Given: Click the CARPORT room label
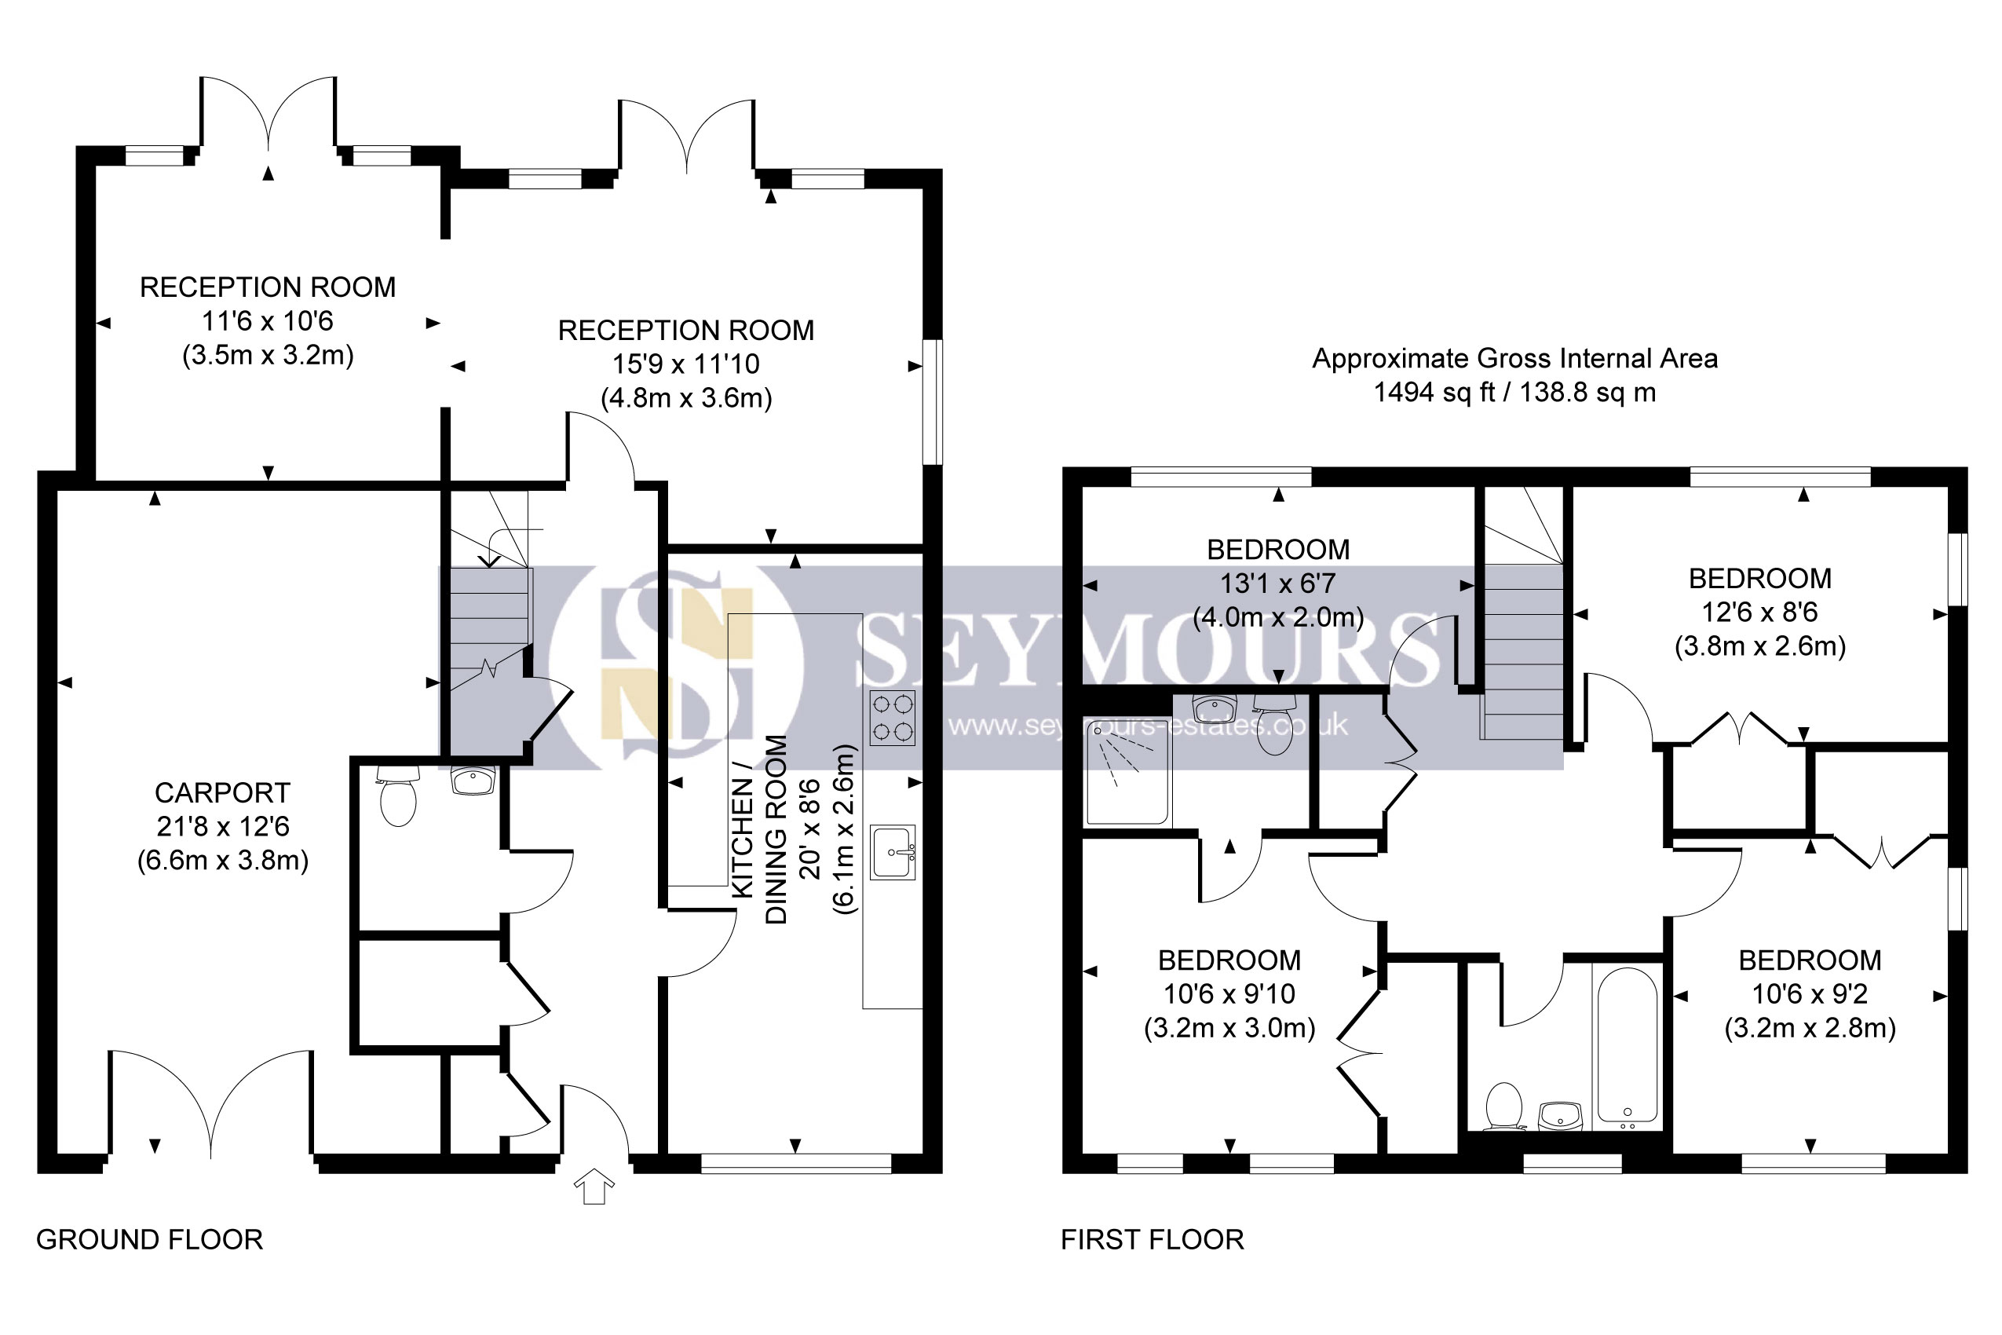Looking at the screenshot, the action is click(x=222, y=792).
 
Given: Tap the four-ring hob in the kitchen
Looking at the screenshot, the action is click(x=892, y=718).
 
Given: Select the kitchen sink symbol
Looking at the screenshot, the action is click(x=893, y=851).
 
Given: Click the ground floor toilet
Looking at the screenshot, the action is click(x=397, y=796).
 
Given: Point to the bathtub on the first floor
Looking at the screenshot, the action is click(x=1628, y=1044).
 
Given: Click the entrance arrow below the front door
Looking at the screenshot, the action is click(x=594, y=1186).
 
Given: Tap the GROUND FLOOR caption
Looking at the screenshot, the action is click(x=150, y=1240).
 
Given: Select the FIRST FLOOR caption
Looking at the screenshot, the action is click(x=1153, y=1240).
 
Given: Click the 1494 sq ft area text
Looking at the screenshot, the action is click(x=1514, y=393).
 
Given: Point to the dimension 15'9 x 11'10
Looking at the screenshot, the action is click(x=686, y=364).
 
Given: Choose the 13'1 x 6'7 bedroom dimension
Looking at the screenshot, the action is click(x=1278, y=584).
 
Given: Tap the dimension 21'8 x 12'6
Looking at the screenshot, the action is click(x=223, y=826).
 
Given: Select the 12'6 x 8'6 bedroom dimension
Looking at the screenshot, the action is click(x=1760, y=613).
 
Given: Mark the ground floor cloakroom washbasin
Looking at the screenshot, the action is click(x=473, y=781).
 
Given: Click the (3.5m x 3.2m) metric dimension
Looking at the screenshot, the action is click(x=269, y=355).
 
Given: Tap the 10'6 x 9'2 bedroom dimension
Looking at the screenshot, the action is click(x=1810, y=993).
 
